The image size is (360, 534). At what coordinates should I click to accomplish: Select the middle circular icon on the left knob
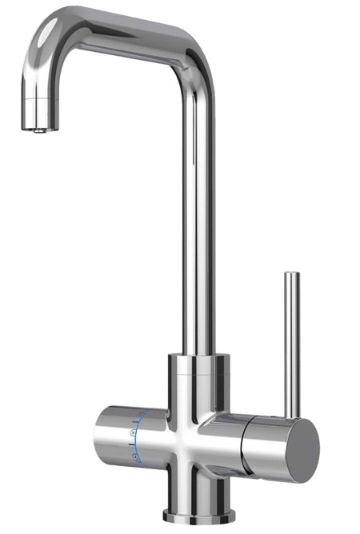click(x=134, y=436)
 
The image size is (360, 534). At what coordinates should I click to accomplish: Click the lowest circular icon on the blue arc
click(x=135, y=456)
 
